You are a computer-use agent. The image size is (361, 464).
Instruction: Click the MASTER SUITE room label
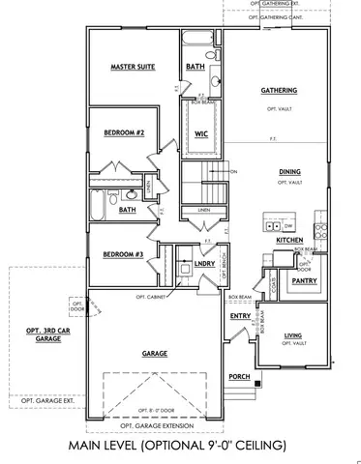point(133,67)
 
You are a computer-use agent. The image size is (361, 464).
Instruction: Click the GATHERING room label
point(278,91)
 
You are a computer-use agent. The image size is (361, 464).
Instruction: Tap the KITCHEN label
point(290,239)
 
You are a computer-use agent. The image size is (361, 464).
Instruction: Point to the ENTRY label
point(240,316)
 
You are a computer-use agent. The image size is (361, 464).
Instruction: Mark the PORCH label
point(239,376)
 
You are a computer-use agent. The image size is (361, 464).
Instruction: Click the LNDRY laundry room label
point(203,263)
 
